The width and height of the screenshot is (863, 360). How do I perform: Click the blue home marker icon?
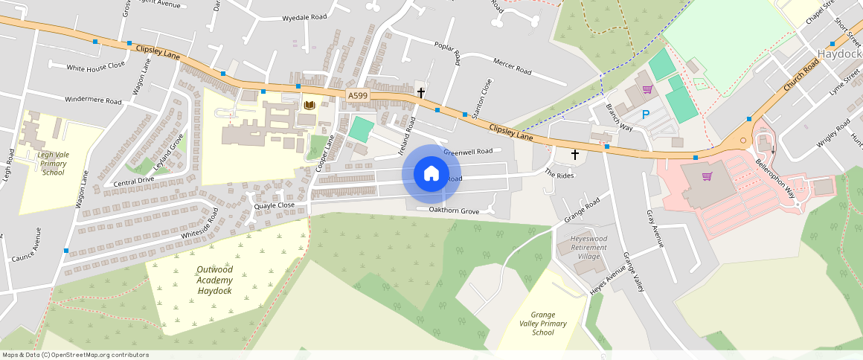431,174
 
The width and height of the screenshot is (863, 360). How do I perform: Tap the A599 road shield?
357,95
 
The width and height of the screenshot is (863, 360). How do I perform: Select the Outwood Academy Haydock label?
214,280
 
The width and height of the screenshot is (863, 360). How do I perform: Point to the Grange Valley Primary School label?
543,324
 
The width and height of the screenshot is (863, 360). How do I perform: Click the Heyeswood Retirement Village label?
588,248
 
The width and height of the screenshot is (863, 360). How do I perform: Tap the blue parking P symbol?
646,115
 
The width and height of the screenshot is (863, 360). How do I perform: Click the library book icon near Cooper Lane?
309,106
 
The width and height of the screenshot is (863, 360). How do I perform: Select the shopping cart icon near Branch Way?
647,89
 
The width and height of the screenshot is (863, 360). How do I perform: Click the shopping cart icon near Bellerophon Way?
707,176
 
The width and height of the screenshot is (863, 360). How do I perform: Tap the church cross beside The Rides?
574,155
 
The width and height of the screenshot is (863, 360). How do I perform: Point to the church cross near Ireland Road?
421,93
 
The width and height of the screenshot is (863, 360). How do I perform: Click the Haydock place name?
839,54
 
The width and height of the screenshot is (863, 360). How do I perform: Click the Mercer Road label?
512,67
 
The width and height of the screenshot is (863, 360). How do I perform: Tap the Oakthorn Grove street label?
454,211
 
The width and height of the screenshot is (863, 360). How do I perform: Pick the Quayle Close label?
274,205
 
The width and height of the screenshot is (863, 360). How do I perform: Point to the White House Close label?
96,66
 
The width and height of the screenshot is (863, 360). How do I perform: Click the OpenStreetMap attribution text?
75,355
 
